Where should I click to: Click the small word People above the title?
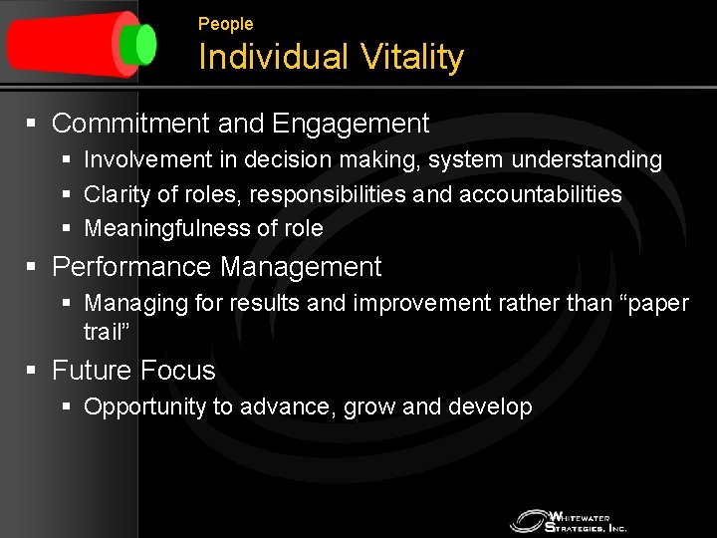[x=225, y=24]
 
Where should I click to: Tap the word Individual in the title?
[x=264, y=58]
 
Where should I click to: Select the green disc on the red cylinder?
[x=143, y=44]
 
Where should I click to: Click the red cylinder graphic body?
[x=65, y=44]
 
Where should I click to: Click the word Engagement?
[x=351, y=125]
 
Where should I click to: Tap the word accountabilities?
[x=541, y=194]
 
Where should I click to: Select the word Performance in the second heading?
[x=132, y=268]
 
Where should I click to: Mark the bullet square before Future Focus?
[x=32, y=371]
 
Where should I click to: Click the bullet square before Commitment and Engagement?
[x=32, y=125]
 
